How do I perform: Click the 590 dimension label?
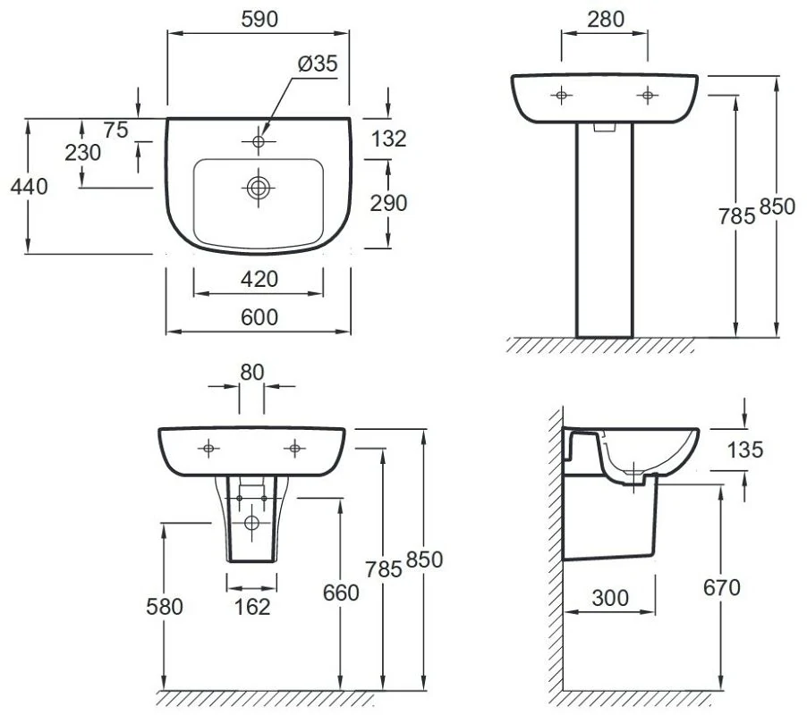(x=259, y=19)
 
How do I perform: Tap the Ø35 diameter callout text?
(x=318, y=63)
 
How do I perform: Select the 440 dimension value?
(x=30, y=186)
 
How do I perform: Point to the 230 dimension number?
(x=83, y=153)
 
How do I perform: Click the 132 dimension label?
(x=388, y=139)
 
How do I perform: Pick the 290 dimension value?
(x=388, y=204)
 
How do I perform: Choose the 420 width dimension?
(x=259, y=279)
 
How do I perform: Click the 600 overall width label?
(x=259, y=317)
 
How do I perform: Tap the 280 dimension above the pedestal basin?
(x=606, y=20)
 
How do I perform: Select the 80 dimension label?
(x=251, y=372)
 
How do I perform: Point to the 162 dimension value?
(x=252, y=607)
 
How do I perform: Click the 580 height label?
(x=165, y=607)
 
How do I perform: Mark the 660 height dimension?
(x=341, y=593)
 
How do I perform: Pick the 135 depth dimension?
(x=744, y=450)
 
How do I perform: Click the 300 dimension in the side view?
(x=610, y=598)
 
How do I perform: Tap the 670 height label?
(x=722, y=587)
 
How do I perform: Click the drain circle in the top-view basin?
(x=259, y=188)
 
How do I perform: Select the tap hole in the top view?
(x=259, y=141)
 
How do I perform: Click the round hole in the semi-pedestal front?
(x=251, y=523)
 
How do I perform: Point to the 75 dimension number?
(x=115, y=130)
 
